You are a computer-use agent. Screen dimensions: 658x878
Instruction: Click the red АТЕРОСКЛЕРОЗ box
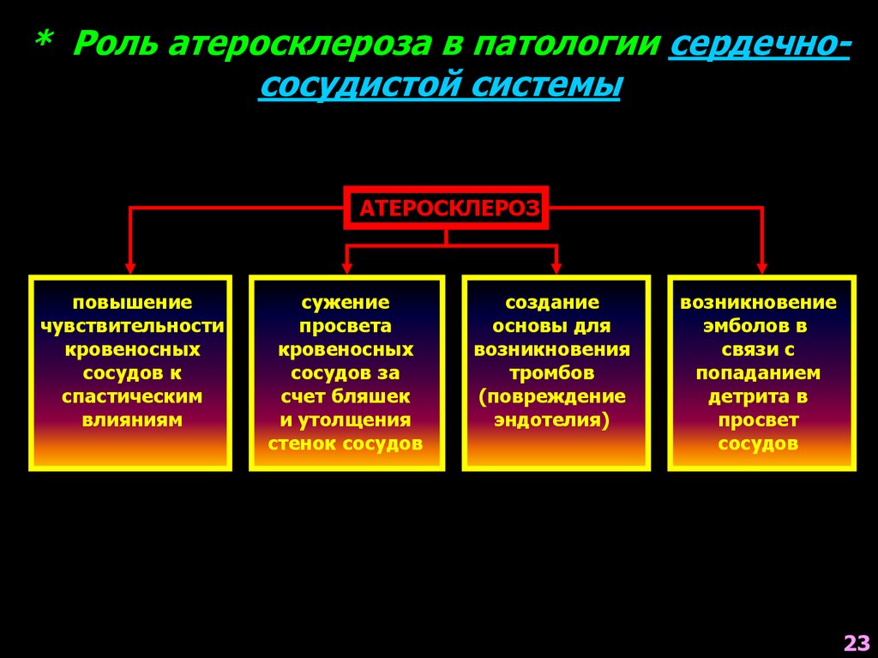coord(446,208)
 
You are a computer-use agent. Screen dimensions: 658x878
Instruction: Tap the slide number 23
coord(856,643)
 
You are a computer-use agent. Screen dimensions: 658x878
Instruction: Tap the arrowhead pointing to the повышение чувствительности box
coord(130,267)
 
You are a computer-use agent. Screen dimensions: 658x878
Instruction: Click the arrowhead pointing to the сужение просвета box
coord(346,267)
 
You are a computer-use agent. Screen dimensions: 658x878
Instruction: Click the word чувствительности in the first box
coord(132,326)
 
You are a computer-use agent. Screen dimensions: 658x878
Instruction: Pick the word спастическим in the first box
coord(132,396)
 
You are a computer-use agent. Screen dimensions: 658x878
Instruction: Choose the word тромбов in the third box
coord(551,373)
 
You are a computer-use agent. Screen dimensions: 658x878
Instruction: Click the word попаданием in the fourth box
coord(758,373)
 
